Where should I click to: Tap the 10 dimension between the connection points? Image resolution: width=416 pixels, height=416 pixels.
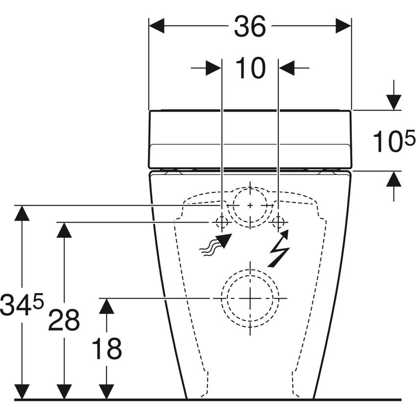250,68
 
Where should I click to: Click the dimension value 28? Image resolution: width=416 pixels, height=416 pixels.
64,320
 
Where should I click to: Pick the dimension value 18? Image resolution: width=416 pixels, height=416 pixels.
106,349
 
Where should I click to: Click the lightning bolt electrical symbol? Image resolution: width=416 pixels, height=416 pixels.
278,248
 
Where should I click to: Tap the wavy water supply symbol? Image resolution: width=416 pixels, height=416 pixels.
215,245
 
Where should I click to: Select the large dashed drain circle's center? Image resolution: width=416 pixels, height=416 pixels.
250,298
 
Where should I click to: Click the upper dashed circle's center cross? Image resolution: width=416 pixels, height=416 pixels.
250,205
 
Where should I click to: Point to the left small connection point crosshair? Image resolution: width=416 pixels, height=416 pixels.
221,222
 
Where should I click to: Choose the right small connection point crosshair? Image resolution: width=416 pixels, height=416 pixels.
278,222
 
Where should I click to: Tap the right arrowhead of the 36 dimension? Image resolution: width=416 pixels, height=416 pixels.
343,26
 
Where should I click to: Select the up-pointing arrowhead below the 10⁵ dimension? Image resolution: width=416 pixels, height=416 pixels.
393,180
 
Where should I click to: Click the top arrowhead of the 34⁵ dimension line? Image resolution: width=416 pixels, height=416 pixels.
22,213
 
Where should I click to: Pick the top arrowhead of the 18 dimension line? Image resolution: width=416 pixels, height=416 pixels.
106,306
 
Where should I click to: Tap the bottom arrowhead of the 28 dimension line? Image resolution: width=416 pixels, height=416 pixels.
64,391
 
